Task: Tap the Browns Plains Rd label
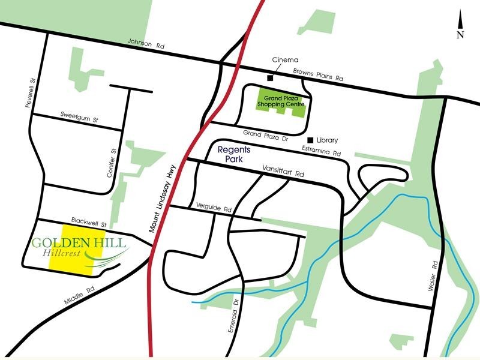[317, 75]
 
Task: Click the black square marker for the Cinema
[271, 77]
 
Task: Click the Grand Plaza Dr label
[263, 134]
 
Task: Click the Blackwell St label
[88, 221]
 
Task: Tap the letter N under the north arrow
[460, 34]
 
